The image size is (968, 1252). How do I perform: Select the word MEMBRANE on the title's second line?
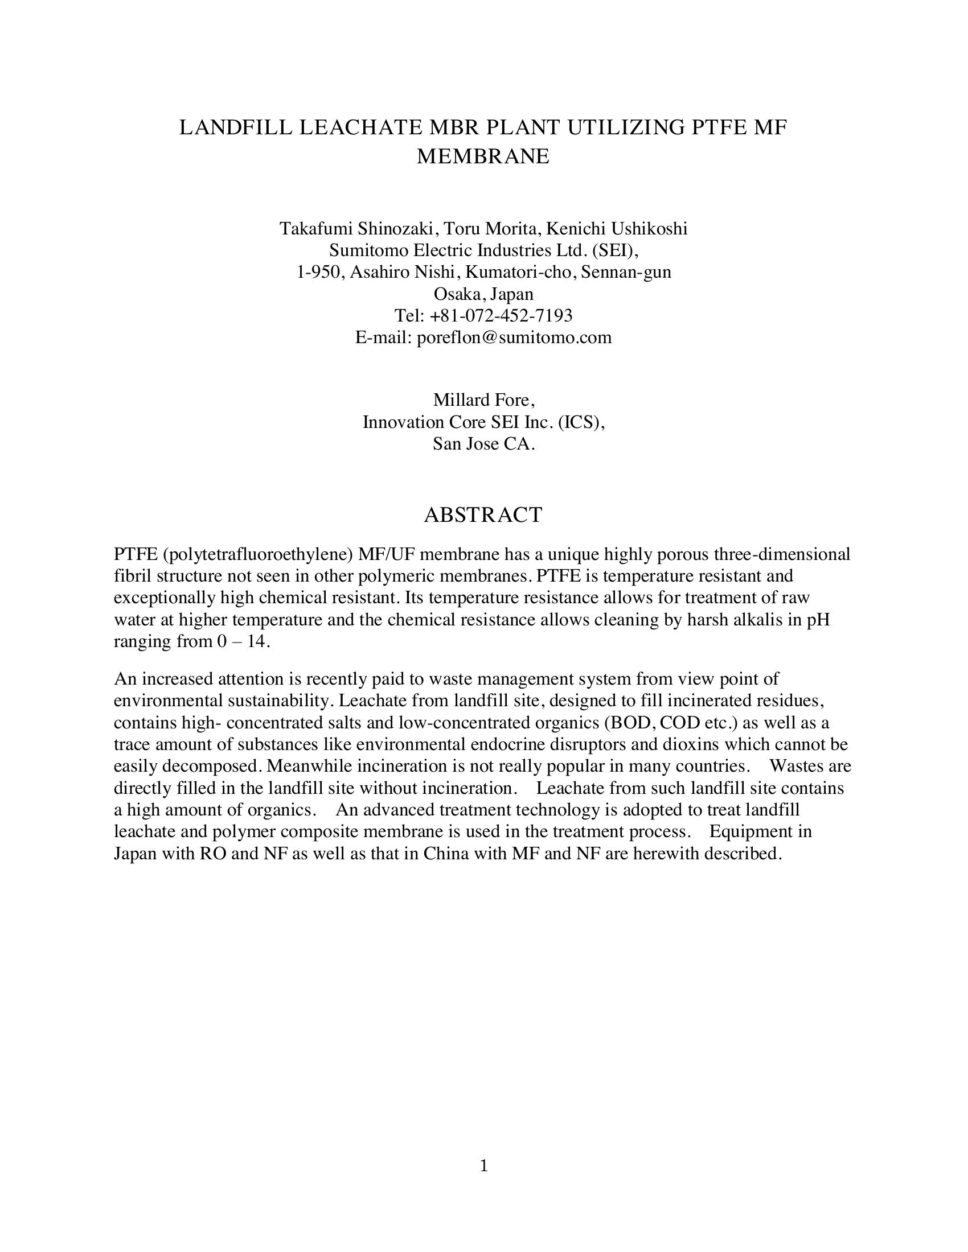pyautogui.click(x=483, y=156)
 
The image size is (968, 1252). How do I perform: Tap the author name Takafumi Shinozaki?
pyautogui.click(x=355, y=229)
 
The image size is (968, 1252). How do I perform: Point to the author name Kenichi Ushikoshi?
pyautogui.click(x=617, y=229)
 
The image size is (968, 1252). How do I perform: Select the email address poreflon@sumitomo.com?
pyautogui.click(x=514, y=337)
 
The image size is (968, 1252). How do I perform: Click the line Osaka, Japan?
pyautogui.click(x=483, y=294)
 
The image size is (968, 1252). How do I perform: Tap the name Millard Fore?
pyautogui.click(x=483, y=400)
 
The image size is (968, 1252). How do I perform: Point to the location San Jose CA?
pyautogui.click(x=483, y=443)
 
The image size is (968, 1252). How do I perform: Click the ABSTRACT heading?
pyautogui.click(x=483, y=515)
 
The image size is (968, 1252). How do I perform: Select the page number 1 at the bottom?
pyautogui.click(x=483, y=1165)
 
